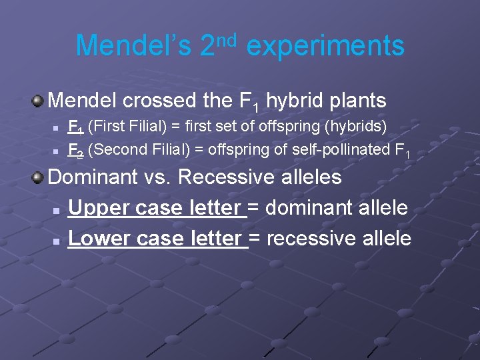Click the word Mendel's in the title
pyautogui.click(x=134, y=46)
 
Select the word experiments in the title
pyautogui.click(x=325, y=46)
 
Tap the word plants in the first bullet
pyautogui.click(x=357, y=101)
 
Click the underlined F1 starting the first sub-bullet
pyautogui.click(x=76, y=127)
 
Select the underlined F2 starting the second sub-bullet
pyautogui.click(x=76, y=150)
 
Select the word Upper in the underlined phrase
pyautogui.click(x=99, y=208)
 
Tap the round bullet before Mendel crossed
pyautogui.click(x=38, y=101)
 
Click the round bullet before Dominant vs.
pyautogui.click(x=38, y=177)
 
